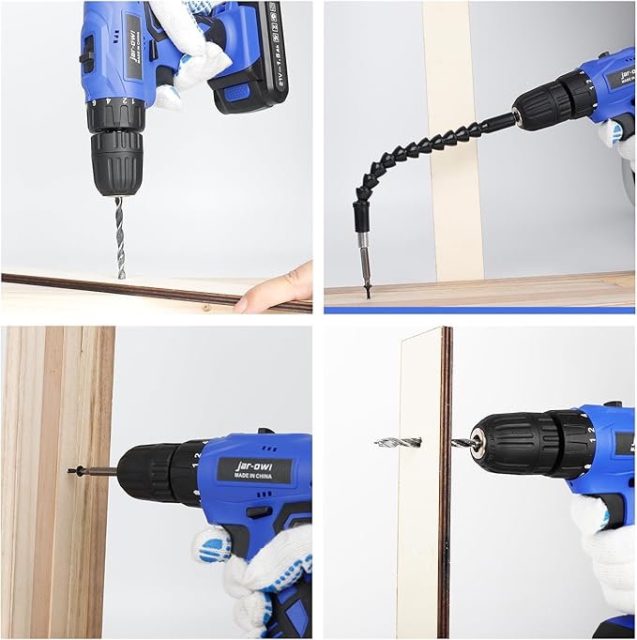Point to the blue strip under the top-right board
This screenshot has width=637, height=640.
[x=478, y=308]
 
